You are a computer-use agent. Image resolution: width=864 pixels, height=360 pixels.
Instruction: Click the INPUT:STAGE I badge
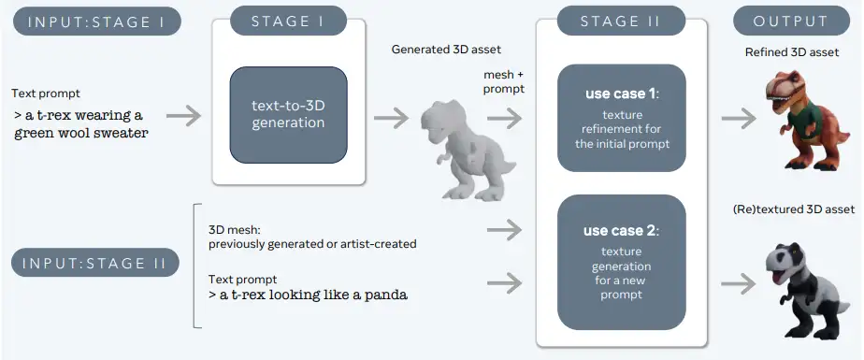pyautogui.click(x=97, y=22)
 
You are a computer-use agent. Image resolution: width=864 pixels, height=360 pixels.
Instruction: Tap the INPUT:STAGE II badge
pyautogui.click(x=95, y=263)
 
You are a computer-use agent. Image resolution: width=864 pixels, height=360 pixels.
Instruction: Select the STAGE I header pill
pyautogui.click(x=288, y=22)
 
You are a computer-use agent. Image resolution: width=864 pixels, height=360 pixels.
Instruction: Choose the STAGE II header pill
pyautogui.click(x=621, y=22)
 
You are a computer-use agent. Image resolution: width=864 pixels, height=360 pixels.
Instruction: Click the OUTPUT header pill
pyautogui.click(x=791, y=22)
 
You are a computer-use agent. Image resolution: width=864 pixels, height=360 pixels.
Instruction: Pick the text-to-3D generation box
pyautogui.click(x=288, y=115)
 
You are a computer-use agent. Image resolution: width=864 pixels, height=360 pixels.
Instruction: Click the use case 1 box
pyautogui.click(x=622, y=118)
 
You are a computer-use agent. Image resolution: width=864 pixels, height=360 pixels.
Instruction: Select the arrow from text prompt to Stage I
pyautogui.click(x=184, y=116)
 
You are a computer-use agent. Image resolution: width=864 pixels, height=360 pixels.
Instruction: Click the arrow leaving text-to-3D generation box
pyautogui.click(x=391, y=118)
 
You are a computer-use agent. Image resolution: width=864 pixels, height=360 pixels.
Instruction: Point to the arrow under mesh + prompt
pyautogui.click(x=504, y=118)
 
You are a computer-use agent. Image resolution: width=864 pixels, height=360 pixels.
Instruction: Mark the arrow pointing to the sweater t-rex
pyautogui.click(x=739, y=118)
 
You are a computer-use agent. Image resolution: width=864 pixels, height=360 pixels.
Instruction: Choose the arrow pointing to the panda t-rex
pyautogui.click(x=739, y=284)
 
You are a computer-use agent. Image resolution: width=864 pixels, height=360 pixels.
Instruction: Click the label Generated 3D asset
pyautogui.click(x=446, y=50)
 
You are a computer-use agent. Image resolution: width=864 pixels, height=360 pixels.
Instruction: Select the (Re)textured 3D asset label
pyautogui.click(x=794, y=209)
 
